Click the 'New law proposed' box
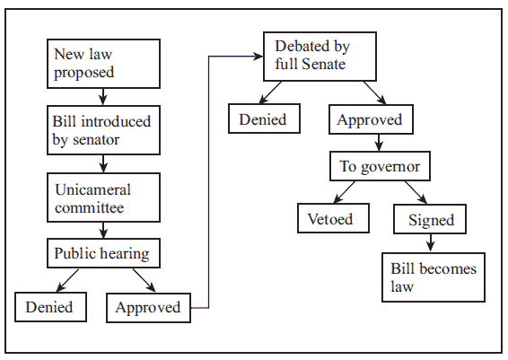click(x=103, y=64)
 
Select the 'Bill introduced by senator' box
click(x=103, y=130)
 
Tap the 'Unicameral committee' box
click(x=103, y=198)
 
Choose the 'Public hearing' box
click(x=103, y=253)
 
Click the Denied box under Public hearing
click(x=50, y=307)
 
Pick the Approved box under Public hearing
click(x=148, y=308)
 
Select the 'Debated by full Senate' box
click(x=320, y=57)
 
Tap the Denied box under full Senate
click(x=264, y=119)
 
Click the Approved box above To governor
click(x=371, y=119)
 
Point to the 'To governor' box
click(x=380, y=166)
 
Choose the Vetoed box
click(x=333, y=218)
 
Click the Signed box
click(x=430, y=219)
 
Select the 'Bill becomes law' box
click(x=434, y=277)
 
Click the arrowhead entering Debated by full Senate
click(x=258, y=57)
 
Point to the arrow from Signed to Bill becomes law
click(x=430, y=242)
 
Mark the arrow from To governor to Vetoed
click(x=344, y=192)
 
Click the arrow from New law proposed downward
click(x=103, y=97)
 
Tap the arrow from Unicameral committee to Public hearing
click(x=103, y=230)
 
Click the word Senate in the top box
click(x=323, y=64)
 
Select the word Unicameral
click(x=92, y=189)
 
